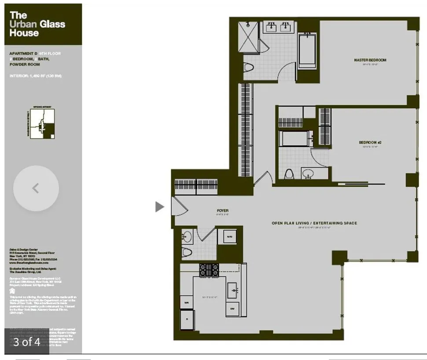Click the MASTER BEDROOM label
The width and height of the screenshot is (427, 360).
[370, 60]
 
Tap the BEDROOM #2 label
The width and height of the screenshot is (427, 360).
[369, 143]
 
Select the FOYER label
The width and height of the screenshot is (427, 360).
[223, 211]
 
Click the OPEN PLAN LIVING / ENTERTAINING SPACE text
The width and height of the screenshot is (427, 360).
[314, 223]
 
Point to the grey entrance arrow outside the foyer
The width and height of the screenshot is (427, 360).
[159, 206]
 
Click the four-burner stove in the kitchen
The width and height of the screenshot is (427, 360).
[209, 270]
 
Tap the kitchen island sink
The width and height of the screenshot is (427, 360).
[233, 290]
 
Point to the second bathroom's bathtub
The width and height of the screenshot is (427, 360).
[297, 139]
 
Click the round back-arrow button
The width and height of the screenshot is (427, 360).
[36, 188]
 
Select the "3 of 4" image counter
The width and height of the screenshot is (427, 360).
[26, 342]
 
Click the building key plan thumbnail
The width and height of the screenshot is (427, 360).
[43, 123]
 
